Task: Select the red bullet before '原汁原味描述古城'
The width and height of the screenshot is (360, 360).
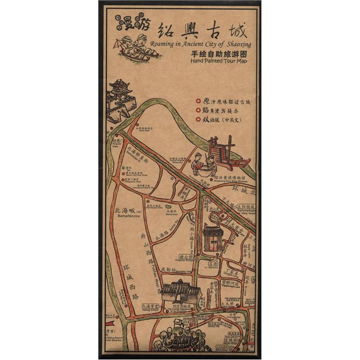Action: click(x=198, y=101)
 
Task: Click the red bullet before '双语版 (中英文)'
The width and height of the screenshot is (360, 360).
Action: click(x=198, y=120)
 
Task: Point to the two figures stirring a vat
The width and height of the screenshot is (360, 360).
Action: click(x=203, y=164)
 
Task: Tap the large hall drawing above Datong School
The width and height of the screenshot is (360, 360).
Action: click(x=180, y=292)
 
